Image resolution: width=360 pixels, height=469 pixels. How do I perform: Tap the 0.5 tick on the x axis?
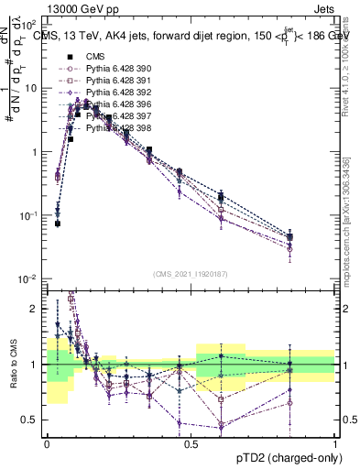191,443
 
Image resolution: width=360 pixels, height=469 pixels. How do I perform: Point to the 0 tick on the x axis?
48,443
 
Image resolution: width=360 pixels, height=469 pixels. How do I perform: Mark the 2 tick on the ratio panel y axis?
37,309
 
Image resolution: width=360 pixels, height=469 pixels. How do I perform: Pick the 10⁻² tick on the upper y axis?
29,278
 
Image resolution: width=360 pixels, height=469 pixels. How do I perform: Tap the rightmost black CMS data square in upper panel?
290,237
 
